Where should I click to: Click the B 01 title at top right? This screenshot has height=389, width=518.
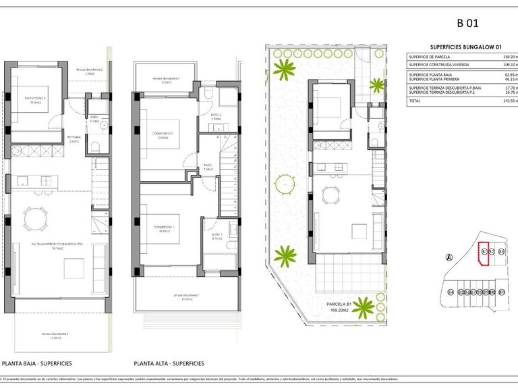[467, 23]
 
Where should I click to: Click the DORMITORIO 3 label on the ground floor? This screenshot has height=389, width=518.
[35, 99]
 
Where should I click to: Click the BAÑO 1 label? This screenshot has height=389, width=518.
[217, 234]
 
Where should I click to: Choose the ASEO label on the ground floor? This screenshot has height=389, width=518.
[95, 118]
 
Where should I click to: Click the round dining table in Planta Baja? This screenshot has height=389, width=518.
[33, 217]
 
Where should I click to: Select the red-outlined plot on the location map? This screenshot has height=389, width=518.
[483, 255]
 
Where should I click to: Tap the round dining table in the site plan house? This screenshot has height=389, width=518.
[331, 195]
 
